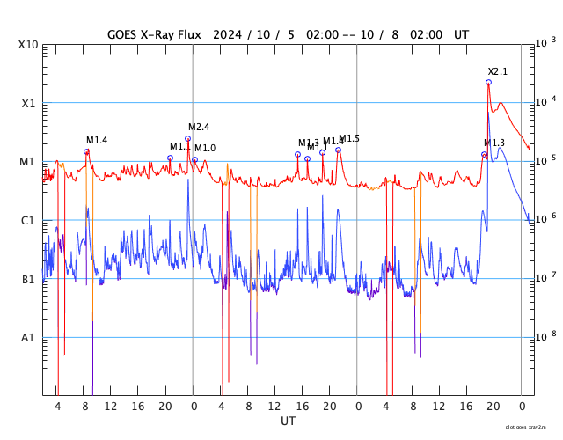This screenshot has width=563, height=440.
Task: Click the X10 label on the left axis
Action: [x=26, y=45]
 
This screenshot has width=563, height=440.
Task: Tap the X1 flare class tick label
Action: [x=28, y=103]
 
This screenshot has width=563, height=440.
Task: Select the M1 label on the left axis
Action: [x=28, y=162]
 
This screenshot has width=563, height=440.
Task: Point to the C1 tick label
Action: [x=28, y=221]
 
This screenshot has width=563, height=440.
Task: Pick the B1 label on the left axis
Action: [x=28, y=280]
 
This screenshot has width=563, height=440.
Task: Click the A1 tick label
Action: [x=28, y=338]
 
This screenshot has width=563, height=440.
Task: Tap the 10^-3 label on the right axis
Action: [x=545, y=42]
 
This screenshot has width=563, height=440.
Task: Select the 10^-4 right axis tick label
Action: [x=545, y=101]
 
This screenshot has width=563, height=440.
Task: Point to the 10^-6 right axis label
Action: [x=545, y=218]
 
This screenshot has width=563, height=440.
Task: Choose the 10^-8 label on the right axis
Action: [x=545, y=335]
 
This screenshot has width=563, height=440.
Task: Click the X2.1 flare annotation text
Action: [x=498, y=71]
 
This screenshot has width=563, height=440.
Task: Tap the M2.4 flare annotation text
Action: [x=199, y=128]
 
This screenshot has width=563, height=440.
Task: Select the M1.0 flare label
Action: [x=205, y=148]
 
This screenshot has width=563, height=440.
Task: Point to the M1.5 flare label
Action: [x=349, y=138]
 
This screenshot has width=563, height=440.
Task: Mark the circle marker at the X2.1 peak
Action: [x=488, y=82]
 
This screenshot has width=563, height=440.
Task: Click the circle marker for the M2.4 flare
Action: [x=187, y=138]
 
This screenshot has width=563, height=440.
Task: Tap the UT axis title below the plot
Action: [x=288, y=422]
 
